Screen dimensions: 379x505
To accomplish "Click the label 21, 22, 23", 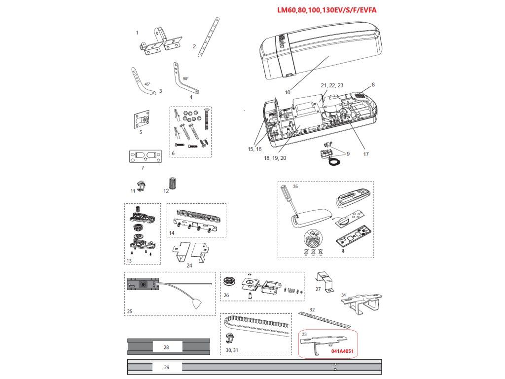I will tap(331, 85).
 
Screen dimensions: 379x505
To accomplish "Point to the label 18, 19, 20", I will tap(275, 158).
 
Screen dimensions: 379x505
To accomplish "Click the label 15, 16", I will tap(254, 149).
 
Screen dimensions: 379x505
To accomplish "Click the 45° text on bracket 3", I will tap(147, 84).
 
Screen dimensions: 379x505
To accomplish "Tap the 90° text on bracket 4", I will tap(185, 78).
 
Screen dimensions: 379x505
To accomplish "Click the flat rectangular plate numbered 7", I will tap(145, 156).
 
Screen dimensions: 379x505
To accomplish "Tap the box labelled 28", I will tap(166, 347).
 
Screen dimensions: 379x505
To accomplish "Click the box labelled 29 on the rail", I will tap(166, 367).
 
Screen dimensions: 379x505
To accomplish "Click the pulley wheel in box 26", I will tap(229, 283).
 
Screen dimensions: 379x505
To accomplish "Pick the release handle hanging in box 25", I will tap(198, 303).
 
